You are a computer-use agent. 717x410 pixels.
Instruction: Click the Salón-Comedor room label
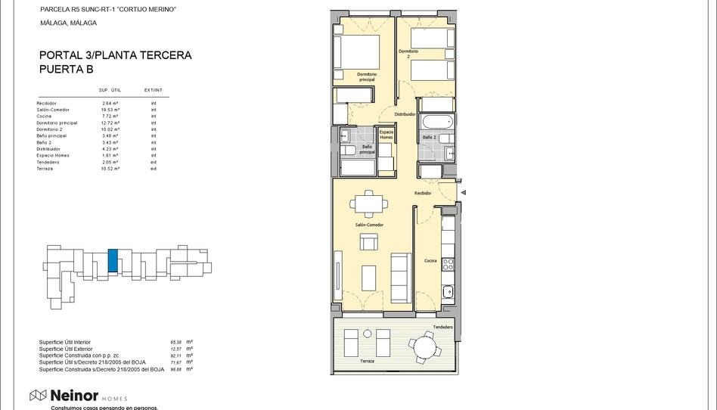369,225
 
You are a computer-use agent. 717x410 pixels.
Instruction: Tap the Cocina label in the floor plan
430,261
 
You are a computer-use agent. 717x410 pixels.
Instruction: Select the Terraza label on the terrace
368,362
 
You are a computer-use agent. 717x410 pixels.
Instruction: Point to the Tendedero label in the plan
443,327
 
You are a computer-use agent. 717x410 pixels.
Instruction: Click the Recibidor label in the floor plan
423,193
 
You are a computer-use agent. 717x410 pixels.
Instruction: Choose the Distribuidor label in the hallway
405,114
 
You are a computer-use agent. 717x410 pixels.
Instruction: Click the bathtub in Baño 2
436,122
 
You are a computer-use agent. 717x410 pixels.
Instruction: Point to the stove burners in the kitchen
448,264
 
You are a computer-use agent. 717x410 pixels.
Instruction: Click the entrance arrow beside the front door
463,193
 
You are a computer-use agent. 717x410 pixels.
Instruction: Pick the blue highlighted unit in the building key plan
113,261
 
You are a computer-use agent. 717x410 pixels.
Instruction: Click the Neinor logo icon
39,396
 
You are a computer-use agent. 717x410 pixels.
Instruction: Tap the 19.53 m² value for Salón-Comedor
111,110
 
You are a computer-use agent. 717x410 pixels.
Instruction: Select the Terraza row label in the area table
45,169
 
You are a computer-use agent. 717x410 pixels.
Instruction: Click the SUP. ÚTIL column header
110,90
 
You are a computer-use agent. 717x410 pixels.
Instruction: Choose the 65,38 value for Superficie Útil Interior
176,342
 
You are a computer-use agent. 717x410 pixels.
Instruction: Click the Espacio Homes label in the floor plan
386,135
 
